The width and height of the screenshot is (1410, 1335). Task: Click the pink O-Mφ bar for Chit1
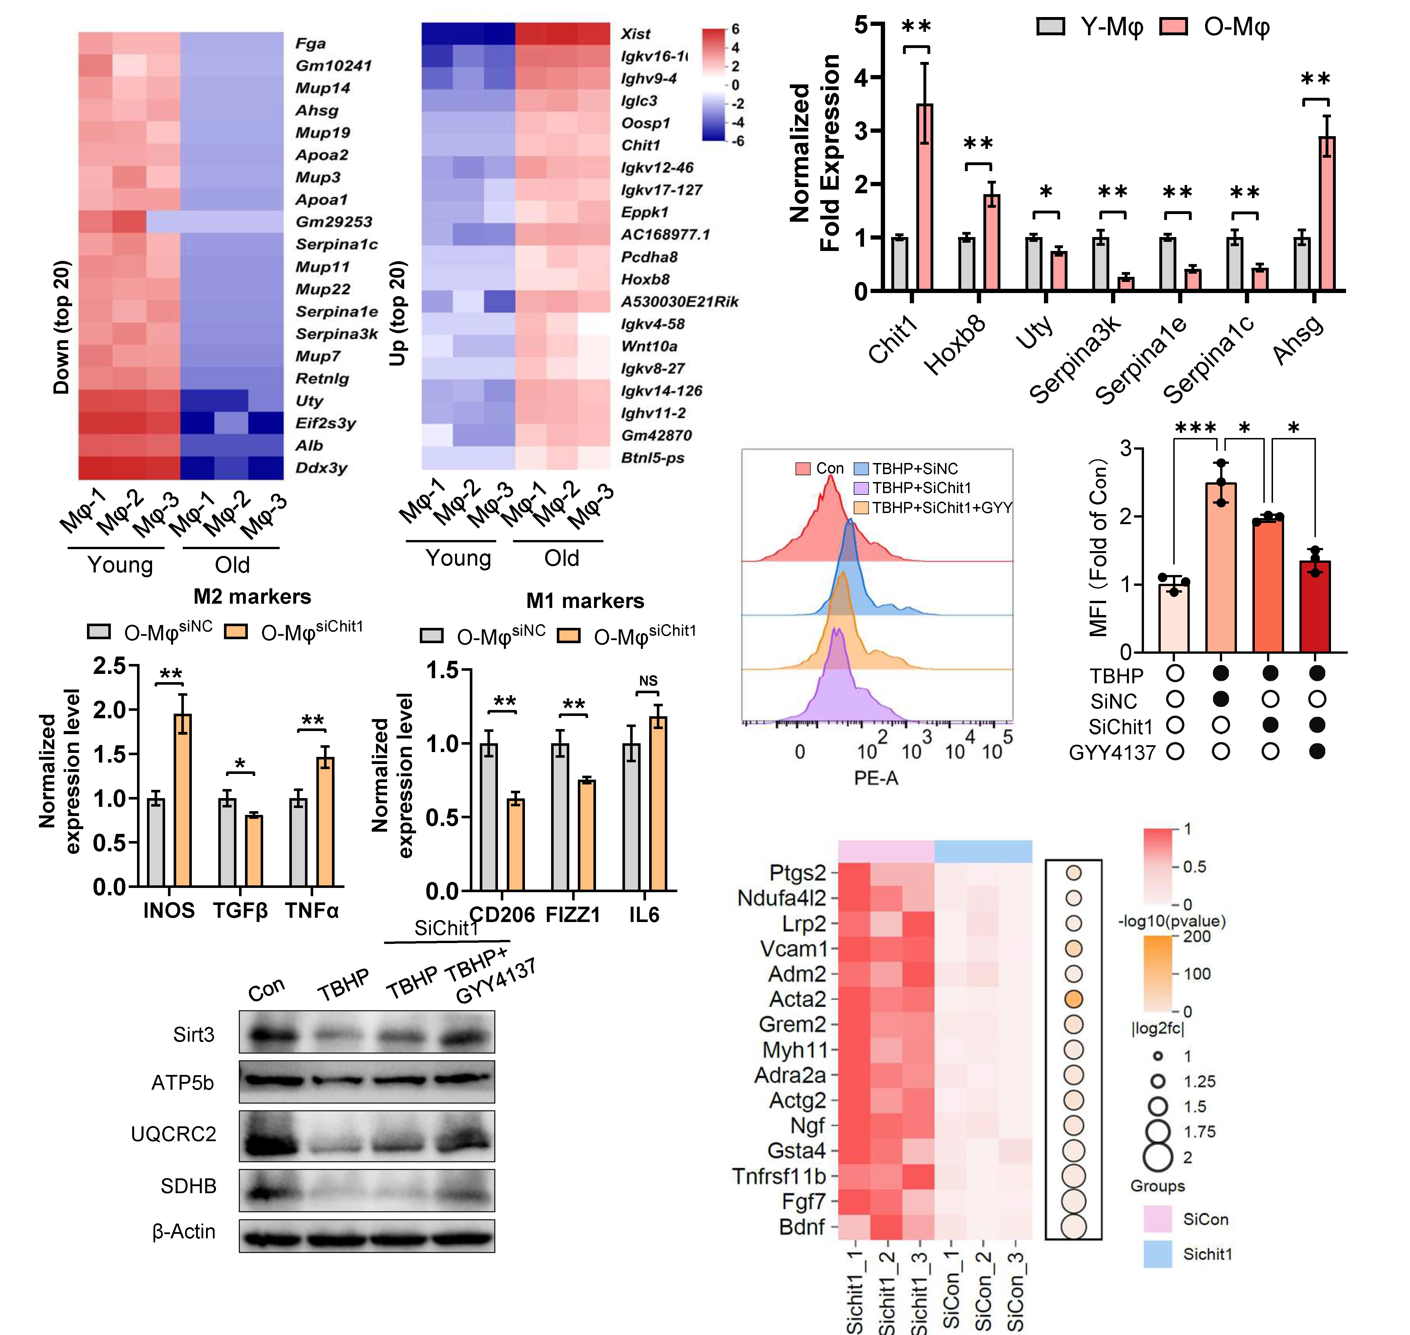[925, 197]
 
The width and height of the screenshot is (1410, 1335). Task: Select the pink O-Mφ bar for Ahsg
[1327, 213]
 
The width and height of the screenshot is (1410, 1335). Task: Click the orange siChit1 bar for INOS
[183, 801]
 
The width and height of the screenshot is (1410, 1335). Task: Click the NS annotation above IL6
[648, 681]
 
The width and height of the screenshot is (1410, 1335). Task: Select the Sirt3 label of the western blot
[194, 1035]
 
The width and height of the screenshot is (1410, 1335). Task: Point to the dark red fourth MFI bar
[1315, 606]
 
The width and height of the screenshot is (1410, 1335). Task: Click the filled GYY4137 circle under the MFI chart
[1317, 751]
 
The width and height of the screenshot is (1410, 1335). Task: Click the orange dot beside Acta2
[1073, 999]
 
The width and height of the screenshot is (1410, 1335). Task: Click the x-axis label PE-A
[876, 778]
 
